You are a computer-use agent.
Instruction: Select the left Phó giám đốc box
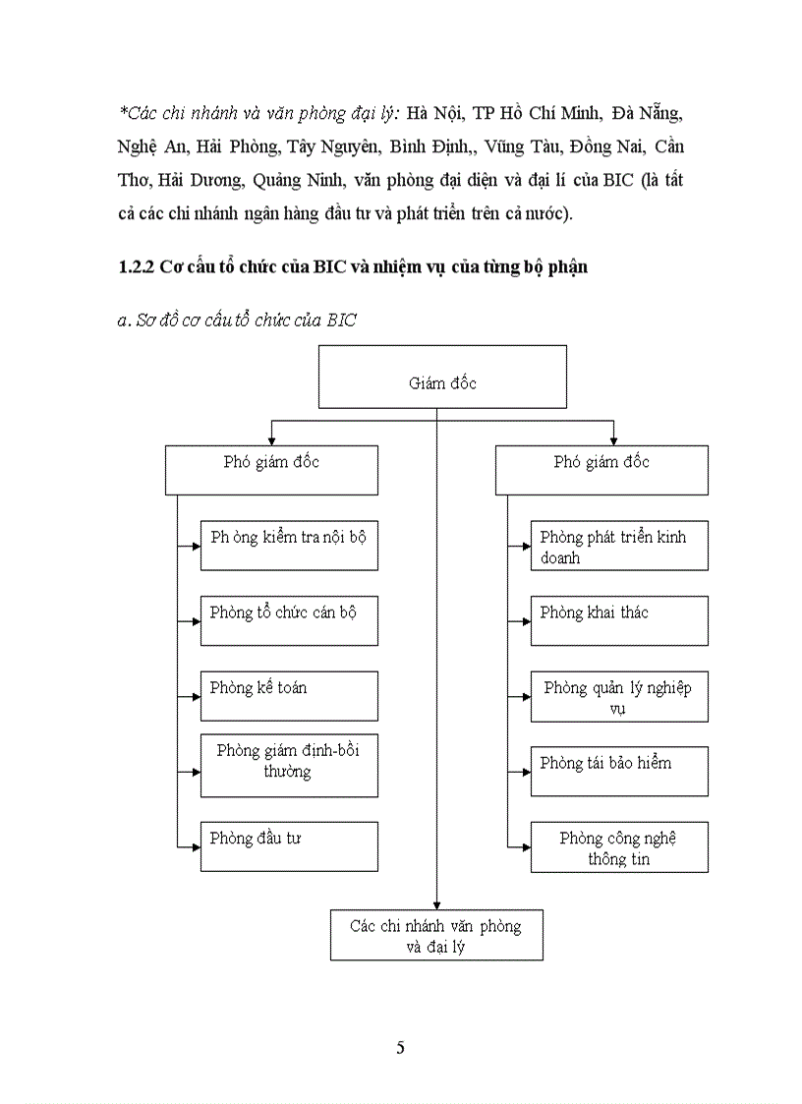pos(271,469)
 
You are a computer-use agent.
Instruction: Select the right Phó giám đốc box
pos(601,469)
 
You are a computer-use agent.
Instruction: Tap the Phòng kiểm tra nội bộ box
pos(289,546)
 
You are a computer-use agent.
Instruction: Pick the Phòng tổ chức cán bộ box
pos(289,620)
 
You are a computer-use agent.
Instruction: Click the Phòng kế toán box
pos(289,696)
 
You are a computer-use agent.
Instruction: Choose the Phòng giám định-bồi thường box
pos(289,765)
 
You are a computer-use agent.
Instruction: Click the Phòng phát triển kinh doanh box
pos(619,546)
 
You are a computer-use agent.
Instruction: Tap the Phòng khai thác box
pos(619,620)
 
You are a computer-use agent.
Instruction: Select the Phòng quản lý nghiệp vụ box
pos(619,696)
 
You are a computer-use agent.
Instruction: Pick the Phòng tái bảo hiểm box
pos(619,771)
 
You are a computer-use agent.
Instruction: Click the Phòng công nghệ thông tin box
pos(619,847)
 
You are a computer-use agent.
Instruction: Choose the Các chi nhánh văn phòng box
pos(436,936)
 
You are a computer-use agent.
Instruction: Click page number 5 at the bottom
pos(400,1047)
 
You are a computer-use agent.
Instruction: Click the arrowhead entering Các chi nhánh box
pos(436,905)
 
